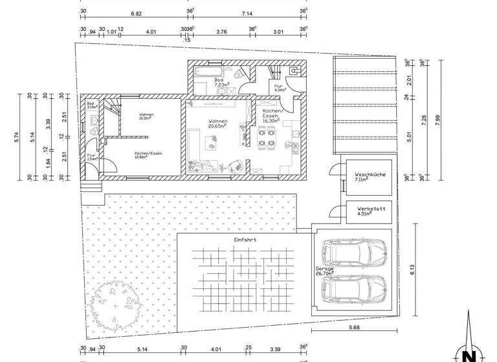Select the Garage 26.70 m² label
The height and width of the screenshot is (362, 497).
click(x=324, y=270)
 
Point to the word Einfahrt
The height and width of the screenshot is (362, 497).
click(x=245, y=240)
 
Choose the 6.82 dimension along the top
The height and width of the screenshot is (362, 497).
click(x=136, y=12)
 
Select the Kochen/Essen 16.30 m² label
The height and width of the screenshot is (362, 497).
click(x=271, y=116)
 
